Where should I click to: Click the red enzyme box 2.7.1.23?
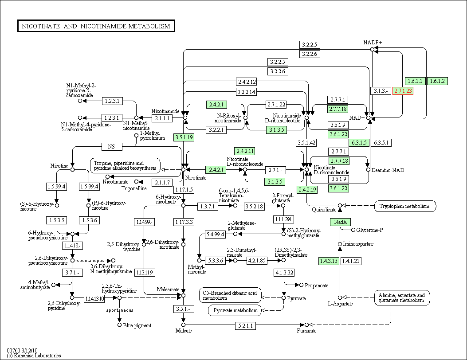(x=403, y=91)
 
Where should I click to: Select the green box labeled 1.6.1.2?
(x=438, y=81)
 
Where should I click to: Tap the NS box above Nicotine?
(x=111, y=146)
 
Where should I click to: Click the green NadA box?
(x=340, y=222)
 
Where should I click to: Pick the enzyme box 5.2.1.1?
(x=245, y=325)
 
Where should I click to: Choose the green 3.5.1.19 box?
(x=184, y=137)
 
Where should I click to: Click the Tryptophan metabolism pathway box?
(x=405, y=206)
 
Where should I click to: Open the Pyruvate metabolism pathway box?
(x=235, y=311)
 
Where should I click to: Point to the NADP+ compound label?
(x=372, y=42)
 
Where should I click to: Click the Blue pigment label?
(x=137, y=325)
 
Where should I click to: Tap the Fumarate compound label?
(x=306, y=331)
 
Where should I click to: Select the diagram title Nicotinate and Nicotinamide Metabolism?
(x=96, y=26)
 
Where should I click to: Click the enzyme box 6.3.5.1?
(x=381, y=143)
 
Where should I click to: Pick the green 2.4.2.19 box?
(x=307, y=189)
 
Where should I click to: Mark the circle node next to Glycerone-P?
(x=353, y=230)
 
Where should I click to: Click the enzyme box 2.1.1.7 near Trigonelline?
(x=162, y=182)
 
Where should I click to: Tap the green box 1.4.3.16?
(x=329, y=261)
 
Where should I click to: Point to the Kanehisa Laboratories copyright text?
(x=34, y=355)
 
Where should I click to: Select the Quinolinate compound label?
(x=324, y=210)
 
